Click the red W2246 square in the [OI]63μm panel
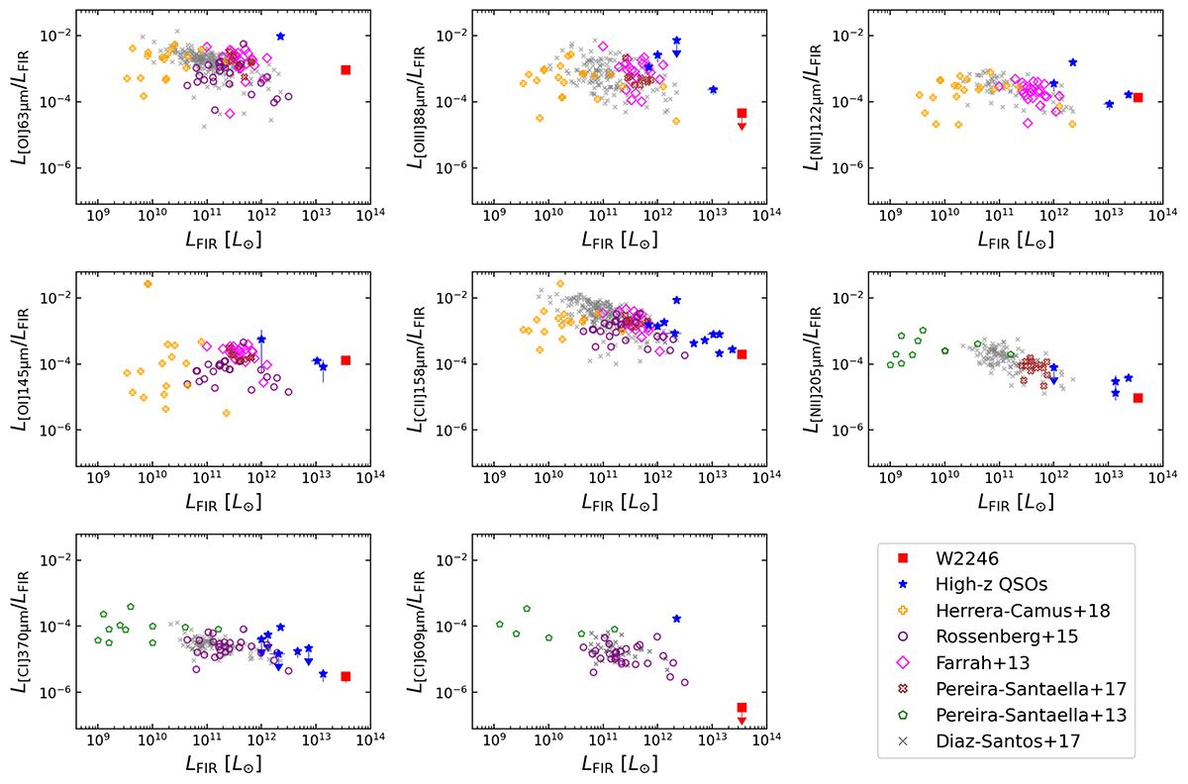pos(346,69)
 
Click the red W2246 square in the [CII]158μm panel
pos(742,354)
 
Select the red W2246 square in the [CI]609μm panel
pos(742,707)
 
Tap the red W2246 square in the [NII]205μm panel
pos(1138,398)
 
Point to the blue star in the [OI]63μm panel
pos(281,36)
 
